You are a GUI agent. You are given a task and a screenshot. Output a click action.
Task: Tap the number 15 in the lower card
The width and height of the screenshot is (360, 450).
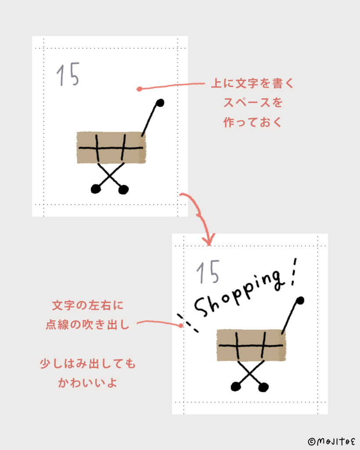pyautogui.click(x=208, y=272)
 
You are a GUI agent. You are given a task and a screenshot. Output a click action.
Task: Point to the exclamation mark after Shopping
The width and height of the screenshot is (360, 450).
pyautogui.click(x=294, y=272)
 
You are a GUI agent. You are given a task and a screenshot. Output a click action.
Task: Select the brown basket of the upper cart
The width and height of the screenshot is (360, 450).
pyautogui.click(x=111, y=148)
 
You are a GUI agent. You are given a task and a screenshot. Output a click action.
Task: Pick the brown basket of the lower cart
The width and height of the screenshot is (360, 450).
pyautogui.click(x=251, y=345)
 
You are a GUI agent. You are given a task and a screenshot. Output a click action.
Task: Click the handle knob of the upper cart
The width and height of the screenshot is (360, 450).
pyautogui.click(x=160, y=103)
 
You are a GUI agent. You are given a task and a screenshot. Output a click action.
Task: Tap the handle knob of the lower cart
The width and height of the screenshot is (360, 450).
pyautogui.click(x=300, y=301)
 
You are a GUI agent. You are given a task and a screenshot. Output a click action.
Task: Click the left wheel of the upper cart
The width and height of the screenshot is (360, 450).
pyautogui.click(x=96, y=189)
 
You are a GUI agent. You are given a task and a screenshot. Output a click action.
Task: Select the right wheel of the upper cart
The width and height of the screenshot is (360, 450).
pyautogui.click(x=124, y=190)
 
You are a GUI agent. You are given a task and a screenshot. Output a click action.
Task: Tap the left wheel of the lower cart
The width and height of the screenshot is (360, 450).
pyautogui.click(x=236, y=387)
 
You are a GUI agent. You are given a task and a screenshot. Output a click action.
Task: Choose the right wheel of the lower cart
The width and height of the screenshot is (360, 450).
pyautogui.click(x=263, y=387)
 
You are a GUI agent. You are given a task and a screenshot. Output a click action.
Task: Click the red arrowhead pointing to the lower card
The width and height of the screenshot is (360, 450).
pyautogui.click(x=209, y=240)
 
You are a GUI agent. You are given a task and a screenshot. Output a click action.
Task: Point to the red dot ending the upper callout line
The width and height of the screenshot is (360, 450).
pyautogui.click(x=139, y=89)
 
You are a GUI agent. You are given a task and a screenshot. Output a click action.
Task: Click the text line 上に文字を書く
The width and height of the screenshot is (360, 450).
pyautogui.click(x=253, y=83)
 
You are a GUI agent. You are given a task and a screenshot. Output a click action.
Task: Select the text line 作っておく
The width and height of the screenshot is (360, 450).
pyautogui.click(x=253, y=122)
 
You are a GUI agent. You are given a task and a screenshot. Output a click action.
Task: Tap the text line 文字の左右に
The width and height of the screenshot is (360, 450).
pyautogui.click(x=87, y=305)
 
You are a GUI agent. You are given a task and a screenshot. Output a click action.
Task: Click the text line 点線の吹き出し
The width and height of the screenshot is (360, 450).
pyautogui.click(x=87, y=325)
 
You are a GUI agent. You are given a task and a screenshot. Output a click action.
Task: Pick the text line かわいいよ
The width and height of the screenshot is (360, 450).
pyautogui.click(x=87, y=383)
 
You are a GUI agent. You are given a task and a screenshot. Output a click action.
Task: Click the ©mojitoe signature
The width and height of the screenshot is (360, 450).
pyautogui.click(x=331, y=441)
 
